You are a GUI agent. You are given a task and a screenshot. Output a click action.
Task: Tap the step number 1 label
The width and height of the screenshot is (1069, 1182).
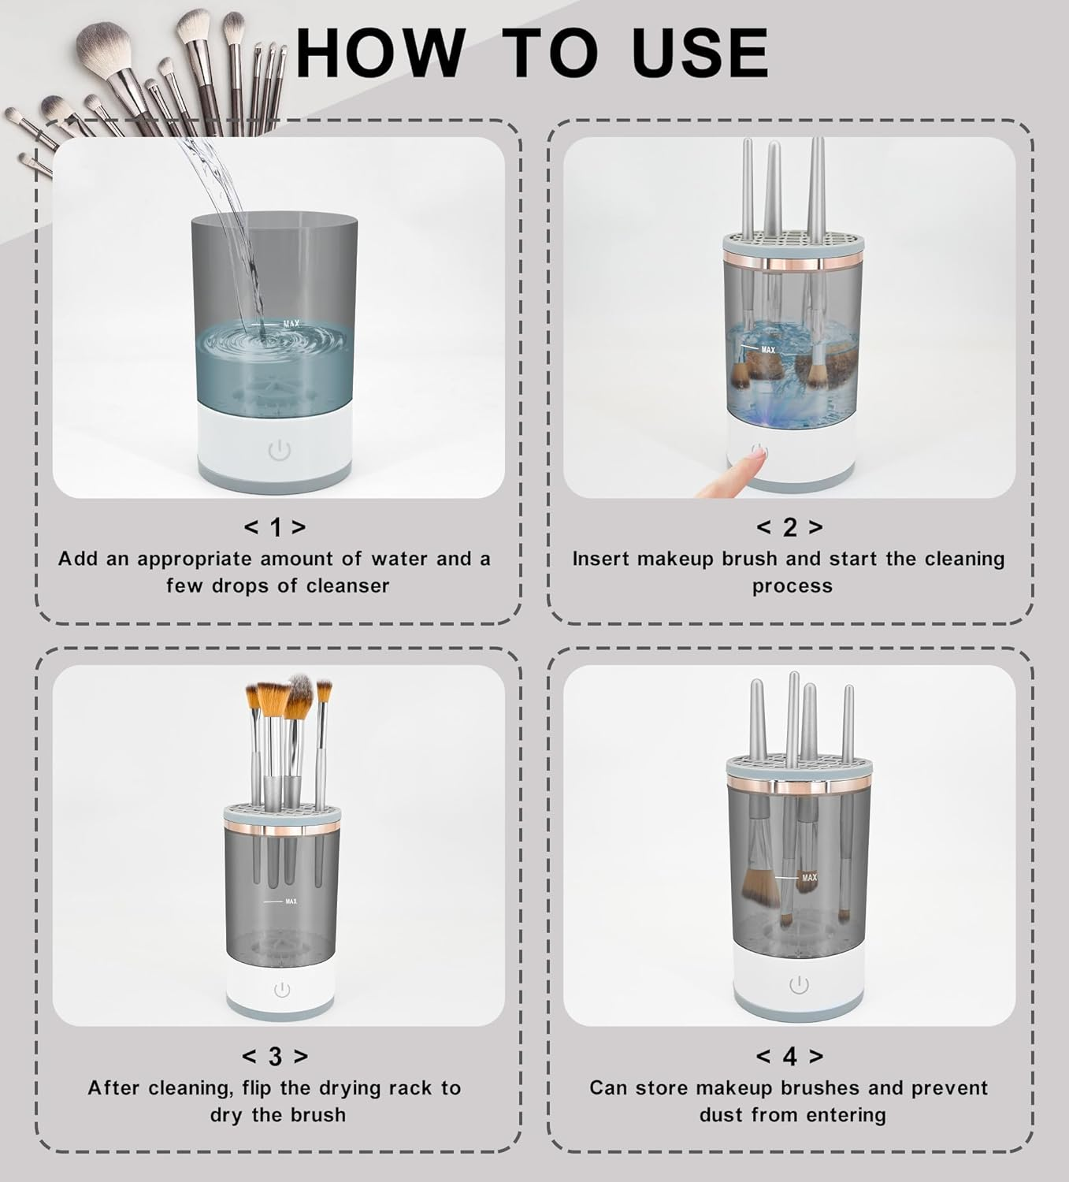click(275, 527)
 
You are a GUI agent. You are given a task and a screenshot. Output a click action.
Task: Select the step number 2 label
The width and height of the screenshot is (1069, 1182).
click(789, 527)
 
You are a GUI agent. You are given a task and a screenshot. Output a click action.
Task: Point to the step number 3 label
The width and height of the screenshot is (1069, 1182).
click(275, 1057)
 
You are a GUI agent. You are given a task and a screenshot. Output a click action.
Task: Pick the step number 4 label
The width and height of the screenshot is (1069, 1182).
click(789, 1057)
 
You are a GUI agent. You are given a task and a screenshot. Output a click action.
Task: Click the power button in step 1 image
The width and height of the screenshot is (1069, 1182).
click(280, 451)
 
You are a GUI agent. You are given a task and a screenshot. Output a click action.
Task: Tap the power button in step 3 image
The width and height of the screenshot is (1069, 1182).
click(282, 989)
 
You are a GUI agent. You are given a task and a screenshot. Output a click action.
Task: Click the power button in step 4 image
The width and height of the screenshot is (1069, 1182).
click(799, 985)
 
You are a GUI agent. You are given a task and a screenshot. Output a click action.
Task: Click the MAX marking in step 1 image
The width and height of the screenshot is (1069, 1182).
click(291, 324)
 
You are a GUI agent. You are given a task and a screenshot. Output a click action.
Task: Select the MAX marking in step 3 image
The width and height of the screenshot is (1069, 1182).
click(291, 901)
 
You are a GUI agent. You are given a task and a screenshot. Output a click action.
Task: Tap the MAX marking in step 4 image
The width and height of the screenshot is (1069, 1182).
click(809, 877)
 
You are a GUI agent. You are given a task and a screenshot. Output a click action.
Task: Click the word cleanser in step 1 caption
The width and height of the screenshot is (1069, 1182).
click(347, 586)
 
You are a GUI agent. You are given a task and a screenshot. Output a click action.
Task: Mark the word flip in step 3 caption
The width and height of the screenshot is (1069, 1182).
click(257, 1087)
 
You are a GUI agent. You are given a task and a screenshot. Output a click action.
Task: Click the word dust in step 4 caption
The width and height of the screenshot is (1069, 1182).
click(721, 1116)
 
